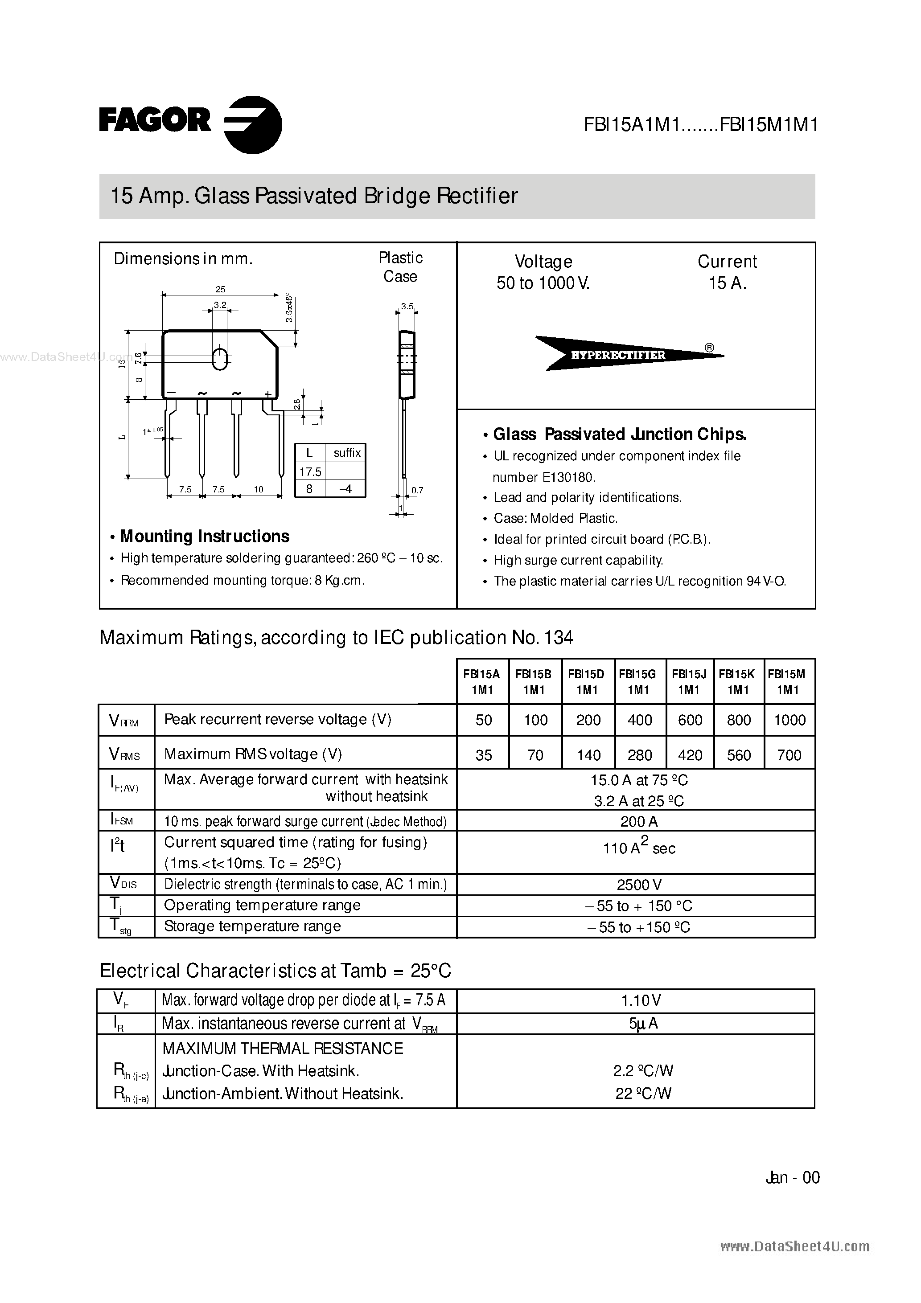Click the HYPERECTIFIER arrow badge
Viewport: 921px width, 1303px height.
(619, 355)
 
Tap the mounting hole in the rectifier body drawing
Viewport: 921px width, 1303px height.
(220, 359)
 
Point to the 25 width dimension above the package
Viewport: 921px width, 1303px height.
(220, 289)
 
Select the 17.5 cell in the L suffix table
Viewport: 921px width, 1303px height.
(310, 471)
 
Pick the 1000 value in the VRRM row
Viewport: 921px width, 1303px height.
(789, 720)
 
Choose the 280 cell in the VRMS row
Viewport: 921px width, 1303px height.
(640, 755)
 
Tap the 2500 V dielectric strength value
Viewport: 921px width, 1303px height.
(639, 885)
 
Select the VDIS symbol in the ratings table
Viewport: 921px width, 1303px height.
(123, 883)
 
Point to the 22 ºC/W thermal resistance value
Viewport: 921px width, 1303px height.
(643, 1094)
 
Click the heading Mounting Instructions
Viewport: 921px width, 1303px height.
(205, 536)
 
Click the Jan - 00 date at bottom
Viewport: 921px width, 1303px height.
(793, 1178)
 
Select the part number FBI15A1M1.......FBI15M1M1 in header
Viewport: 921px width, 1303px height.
(701, 125)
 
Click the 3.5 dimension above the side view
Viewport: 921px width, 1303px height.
(407, 307)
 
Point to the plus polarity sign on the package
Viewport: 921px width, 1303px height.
(267, 393)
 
